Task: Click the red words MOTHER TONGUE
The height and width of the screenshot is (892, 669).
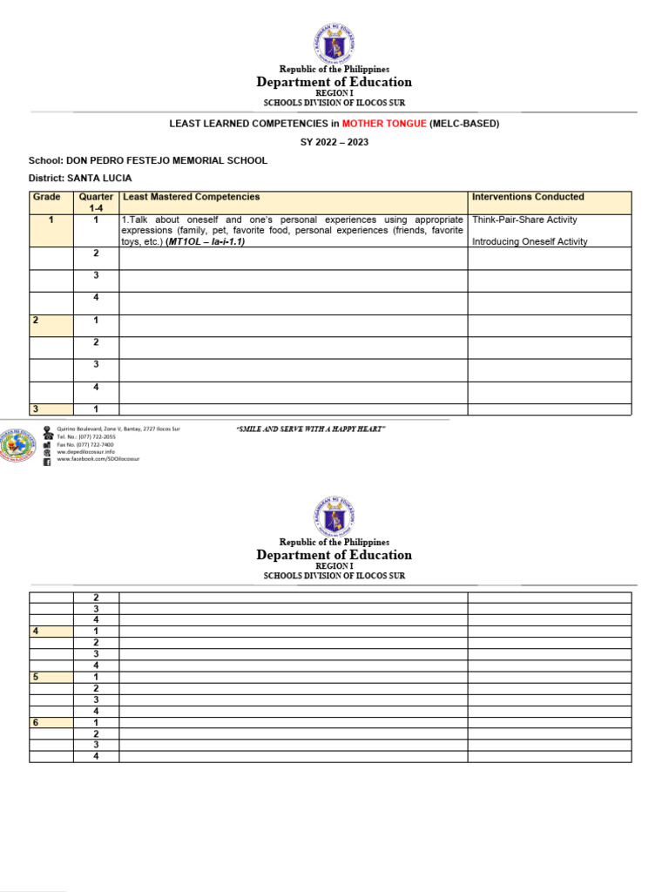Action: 384,124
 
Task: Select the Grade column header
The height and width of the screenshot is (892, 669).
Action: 46,198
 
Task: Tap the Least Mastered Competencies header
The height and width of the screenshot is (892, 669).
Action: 192,198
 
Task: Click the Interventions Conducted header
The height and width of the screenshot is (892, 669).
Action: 528,198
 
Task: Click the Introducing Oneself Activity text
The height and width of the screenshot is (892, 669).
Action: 530,242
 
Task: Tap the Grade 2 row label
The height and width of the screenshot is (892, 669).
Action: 36,321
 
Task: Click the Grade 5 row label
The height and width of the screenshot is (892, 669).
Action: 36,677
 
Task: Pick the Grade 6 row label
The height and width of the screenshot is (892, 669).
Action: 36,722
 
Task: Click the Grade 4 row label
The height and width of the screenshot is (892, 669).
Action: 36,631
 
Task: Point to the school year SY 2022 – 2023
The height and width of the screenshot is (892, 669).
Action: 334,142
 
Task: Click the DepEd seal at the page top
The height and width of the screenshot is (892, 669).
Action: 334,42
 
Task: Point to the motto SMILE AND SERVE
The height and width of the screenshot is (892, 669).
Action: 311,429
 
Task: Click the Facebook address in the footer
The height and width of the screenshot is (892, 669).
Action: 98,459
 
